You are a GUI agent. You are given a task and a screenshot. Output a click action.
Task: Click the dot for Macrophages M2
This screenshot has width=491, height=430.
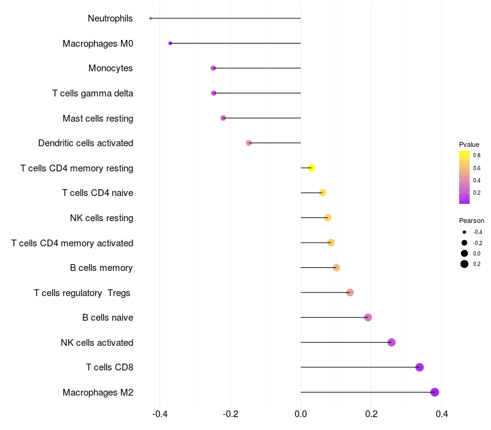[435, 392]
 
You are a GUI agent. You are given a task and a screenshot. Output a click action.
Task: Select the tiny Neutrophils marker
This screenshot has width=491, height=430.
[150, 18]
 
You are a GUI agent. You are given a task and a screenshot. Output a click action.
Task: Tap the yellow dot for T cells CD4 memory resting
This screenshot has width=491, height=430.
[311, 168]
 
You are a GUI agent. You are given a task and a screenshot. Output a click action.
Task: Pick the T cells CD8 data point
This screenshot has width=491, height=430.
[419, 367]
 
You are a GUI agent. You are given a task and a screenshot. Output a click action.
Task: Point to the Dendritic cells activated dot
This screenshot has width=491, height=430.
[249, 143]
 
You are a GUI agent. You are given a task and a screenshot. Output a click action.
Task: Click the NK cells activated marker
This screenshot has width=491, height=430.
[392, 342]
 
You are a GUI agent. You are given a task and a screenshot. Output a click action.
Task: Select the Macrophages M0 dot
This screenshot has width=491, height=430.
[170, 43]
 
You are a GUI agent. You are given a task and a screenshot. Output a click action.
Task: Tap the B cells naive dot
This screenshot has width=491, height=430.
[368, 318]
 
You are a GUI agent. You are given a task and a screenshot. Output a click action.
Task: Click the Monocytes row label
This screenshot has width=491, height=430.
[110, 68]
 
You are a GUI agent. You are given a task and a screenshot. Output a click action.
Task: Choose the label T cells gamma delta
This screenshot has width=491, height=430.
[93, 93]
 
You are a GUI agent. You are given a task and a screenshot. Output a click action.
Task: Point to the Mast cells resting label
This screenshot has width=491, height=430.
[98, 118]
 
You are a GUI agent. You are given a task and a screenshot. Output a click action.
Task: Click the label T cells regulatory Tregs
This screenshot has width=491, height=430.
[82, 293]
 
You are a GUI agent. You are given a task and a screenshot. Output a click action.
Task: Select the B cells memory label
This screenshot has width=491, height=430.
[102, 268]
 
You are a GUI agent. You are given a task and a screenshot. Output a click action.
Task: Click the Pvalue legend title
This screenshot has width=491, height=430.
[469, 144]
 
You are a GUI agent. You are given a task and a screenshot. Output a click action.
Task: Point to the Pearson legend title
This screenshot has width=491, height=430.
[471, 221]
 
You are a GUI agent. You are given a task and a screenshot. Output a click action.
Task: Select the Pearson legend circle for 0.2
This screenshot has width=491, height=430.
[465, 264]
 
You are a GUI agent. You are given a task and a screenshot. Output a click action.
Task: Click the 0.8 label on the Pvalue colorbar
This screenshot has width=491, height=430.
[477, 155]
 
